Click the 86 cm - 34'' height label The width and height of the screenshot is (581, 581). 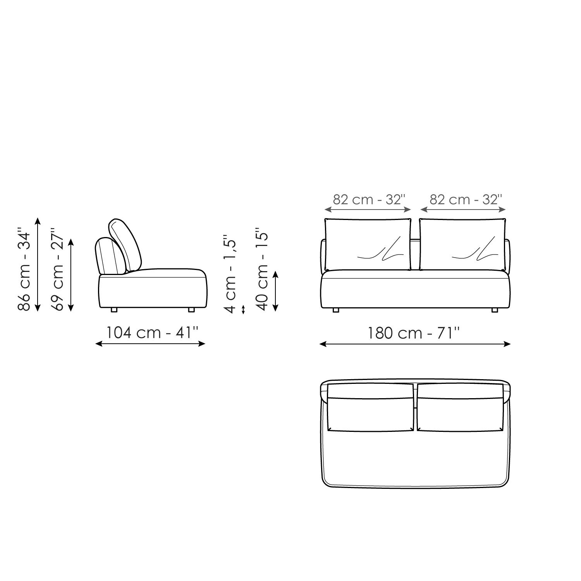pyautogui.click(x=24, y=271)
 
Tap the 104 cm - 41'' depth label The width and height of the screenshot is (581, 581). pyautogui.click(x=153, y=332)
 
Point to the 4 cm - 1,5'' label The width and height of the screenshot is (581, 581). pyautogui.click(x=230, y=273)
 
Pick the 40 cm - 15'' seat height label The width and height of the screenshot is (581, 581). pyautogui.click(x=263, y=271)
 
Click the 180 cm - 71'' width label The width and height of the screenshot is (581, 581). pyautogui.click(x=414, y=333)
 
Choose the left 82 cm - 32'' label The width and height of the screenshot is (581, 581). pyautogui.click(x=369, y=199)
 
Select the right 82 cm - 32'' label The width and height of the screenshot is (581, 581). pyautogui.click(x=465, y=199)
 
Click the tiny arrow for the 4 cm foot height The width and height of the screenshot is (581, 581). pyautogui.click(x=243, y=309)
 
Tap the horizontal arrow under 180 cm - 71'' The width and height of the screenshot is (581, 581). pyautogui.click(x=415, y=344)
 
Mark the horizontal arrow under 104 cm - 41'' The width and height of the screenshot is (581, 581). pyautogui.click(x=150, y=343)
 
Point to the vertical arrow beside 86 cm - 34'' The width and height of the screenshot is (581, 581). pyautogui.click(x=38, y=265)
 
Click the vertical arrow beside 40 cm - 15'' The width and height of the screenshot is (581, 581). pyautogui.click(x=275, y=291)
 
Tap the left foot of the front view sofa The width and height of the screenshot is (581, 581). pyautogui.click(x=335, y=310)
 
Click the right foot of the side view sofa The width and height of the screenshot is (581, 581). pyautogui.click(x=191, y=310)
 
